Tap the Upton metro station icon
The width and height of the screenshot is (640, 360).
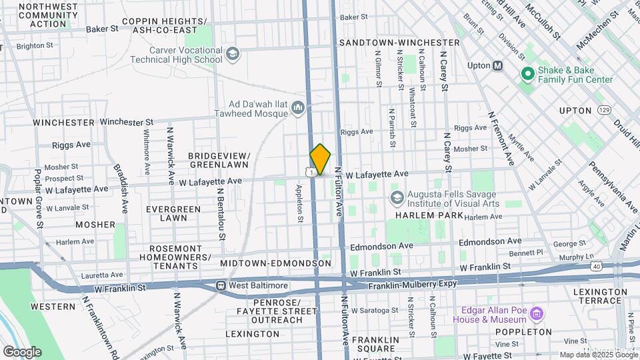click(x=497, y=65)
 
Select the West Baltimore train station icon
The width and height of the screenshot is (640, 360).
click(x=220, y=285)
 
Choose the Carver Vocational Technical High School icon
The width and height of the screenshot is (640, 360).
click(x=232, y=53)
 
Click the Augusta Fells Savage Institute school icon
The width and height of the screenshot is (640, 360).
click(x=397, y=198)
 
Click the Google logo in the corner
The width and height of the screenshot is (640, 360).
click(x=22, y=351)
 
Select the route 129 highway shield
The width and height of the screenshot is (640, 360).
click(x=604, y=110)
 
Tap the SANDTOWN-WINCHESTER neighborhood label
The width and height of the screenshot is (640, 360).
click(x=399, y=43)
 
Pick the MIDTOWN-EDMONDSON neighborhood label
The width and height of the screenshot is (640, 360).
click(x=275, y=264)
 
